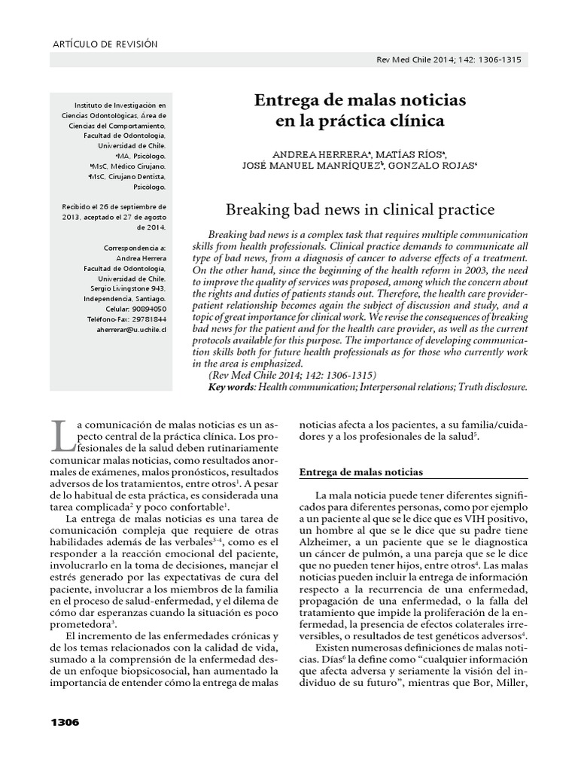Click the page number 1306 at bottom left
pos(64,723)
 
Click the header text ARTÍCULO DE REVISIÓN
pos(105,44)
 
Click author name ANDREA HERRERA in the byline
pos(315,151)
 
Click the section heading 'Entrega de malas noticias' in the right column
pos(361,472)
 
